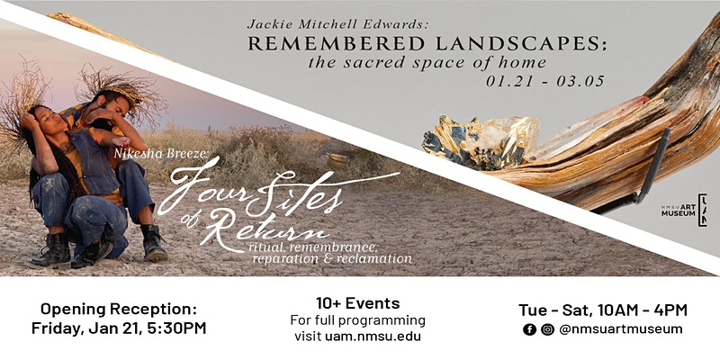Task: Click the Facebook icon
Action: click(x=529, y=329)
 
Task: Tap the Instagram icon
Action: click(x=547, y=329)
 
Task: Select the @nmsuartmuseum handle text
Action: click(x=621, y=329)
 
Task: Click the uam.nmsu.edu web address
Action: click(x=373, y=337)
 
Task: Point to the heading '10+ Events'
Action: click(x=357, y=303)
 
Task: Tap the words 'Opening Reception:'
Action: click(x=119, y=309)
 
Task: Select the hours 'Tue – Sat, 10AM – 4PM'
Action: click(x=603, y=310)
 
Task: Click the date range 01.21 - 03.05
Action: click(x=545, y=81)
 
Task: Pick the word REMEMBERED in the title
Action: click(x=336, y=44)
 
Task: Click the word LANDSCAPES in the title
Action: click(x=521, y=44)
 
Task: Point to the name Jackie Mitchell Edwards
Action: click(x=337, y=24)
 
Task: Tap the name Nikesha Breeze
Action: click(x=161, y=153)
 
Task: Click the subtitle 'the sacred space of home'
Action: click(x=427, y=62)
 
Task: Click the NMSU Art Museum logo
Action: click(x=684, y=210)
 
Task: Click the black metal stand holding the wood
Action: click(x=654, y=166)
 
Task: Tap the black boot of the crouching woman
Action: click(x=50, y=251)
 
